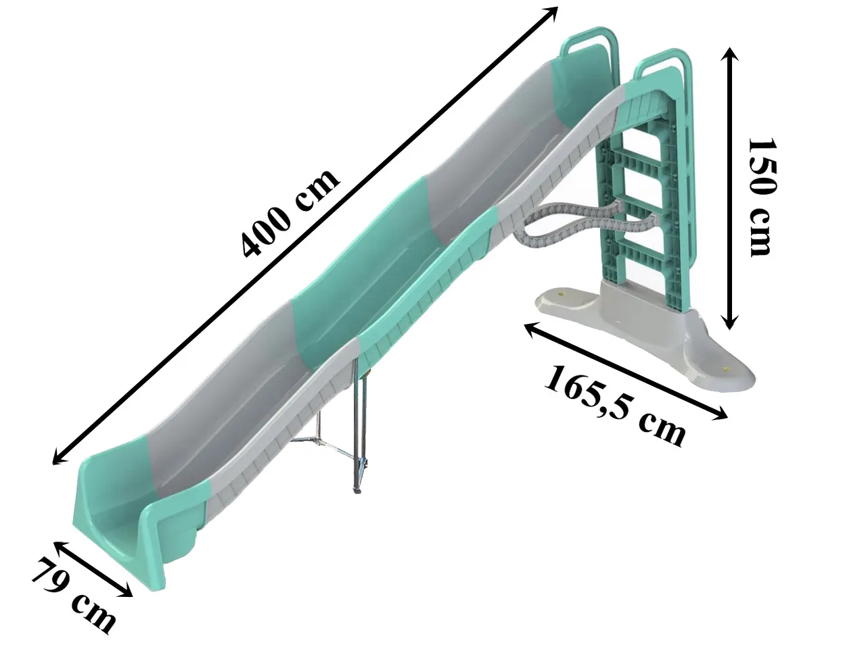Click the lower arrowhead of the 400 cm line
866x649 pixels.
pyautogui.click(x=59, y=458)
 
